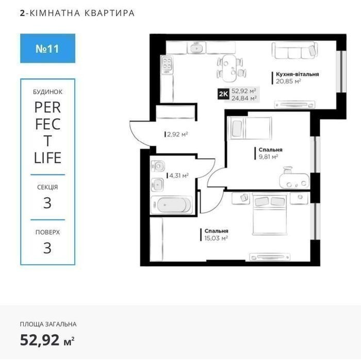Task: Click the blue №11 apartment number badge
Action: [x=47, y=48]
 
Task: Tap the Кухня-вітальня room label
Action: [x=297, y=74]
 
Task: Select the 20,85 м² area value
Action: [x=288, y=81]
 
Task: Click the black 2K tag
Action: [x=223, y=94]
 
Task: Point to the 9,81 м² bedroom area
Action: [x=268, y=157]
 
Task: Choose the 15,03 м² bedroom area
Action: [x=216, y=238]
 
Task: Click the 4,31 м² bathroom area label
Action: [x=179, y=176]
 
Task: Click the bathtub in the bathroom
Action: [x=171, y=205]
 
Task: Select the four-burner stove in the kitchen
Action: [x=167, y=64]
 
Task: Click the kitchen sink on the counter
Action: [x=196, y=47]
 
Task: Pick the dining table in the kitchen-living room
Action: [x=229, y=68]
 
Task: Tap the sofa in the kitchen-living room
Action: [x=294, y=50]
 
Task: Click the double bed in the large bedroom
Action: [x=270, y=214]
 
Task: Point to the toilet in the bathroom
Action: [x=158, y=166]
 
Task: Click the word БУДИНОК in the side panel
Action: [x=47, y=92]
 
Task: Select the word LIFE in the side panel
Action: [x=47, y=158]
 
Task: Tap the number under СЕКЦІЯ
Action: [x=47, y=203]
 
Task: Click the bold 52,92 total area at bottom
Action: [x=39, y=340]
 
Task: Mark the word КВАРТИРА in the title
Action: [x=109, y=13]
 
